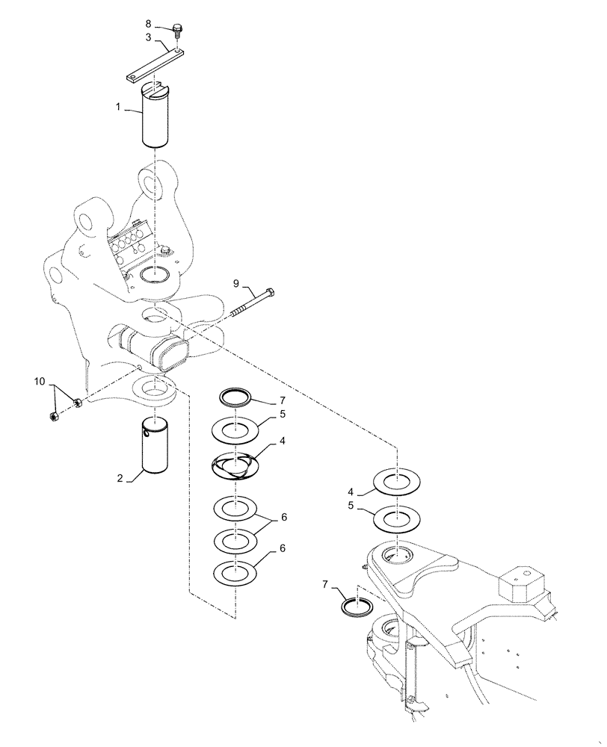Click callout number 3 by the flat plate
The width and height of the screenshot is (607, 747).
pos(148,37)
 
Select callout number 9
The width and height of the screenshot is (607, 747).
pos(235,284)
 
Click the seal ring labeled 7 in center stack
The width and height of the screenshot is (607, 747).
pos(235,396)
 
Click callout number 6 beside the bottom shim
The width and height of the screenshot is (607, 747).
pos(283,548)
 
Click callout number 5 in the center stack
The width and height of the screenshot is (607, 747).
pos(283,413)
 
